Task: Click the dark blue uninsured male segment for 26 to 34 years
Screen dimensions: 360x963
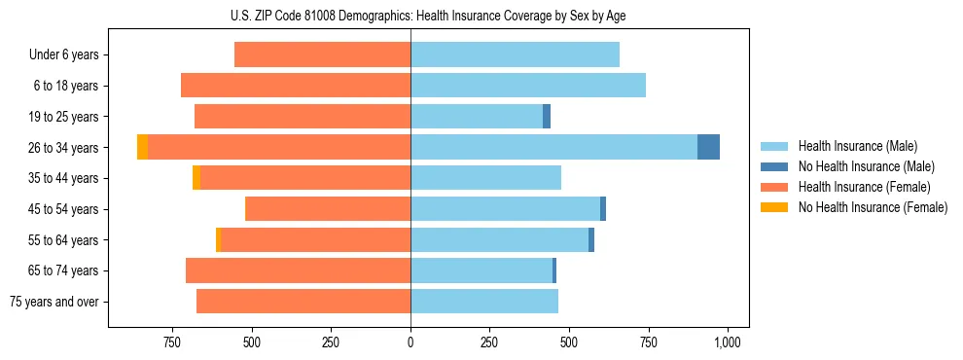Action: click(708, 147)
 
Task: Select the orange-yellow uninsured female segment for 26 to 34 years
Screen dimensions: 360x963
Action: click(142, 147)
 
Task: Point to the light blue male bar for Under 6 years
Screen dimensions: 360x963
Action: click(515, 55)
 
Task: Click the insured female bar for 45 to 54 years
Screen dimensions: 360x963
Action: click(328, 209)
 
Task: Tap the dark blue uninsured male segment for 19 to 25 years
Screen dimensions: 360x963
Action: click(547, 117)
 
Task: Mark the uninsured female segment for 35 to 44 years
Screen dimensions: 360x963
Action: click(196, 178)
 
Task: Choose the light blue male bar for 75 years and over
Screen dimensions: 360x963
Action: click(484, 302)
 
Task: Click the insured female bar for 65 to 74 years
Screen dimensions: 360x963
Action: click(298, 270)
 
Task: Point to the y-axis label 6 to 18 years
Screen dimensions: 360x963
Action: click(66, 86)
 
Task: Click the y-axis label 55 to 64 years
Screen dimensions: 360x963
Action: click(63, 240)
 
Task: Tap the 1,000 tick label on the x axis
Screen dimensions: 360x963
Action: click(728, 342)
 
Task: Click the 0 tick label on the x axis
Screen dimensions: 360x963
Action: click(410, 342)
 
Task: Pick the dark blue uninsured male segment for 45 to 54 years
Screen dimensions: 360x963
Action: click(603, 209)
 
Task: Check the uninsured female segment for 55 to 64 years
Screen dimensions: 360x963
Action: click(218, 240)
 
